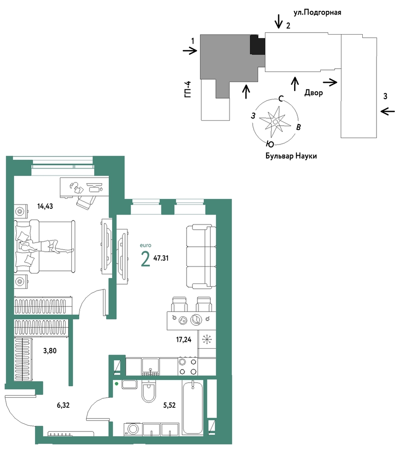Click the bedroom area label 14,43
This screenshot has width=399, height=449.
(x=45, y=206)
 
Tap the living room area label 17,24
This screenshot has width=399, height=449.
(x=184, y=340)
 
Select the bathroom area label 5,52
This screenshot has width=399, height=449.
(x=169, y=405)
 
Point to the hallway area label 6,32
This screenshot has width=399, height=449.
(x=63, y=405)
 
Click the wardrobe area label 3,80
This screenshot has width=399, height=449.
(x=50, y=350)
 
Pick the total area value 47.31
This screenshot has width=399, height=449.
(x=161, y=258)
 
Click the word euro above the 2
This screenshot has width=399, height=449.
(x=146, y=246)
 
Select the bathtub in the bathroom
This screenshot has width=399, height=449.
(x=192, y=407)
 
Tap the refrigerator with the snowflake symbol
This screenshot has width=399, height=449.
(x=207, y=339)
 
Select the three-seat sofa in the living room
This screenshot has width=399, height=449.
(x=201, y=257)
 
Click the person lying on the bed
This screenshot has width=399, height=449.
(x=46, y=247)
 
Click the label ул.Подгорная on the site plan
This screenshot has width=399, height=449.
(x=317, y=12)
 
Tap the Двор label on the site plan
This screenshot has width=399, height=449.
(x=314, y=92)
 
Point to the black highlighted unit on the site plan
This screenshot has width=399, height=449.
(x=257, y=45)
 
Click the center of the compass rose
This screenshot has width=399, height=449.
(x=275, y=122)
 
